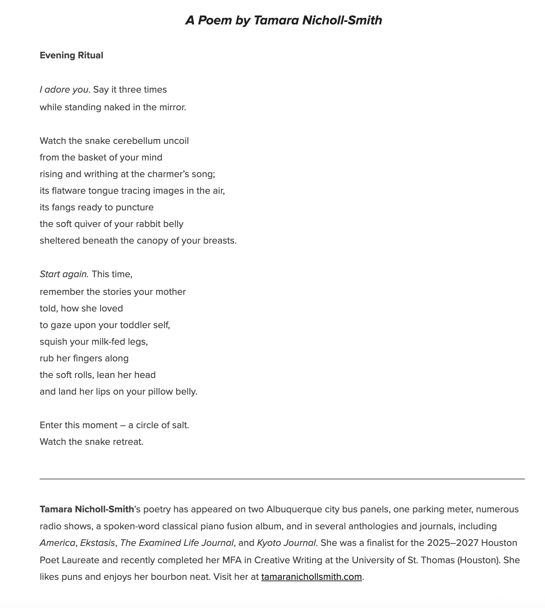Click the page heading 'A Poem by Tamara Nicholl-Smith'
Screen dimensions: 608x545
283,20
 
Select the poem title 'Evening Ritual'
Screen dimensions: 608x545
71,55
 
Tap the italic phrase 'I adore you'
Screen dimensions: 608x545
64,90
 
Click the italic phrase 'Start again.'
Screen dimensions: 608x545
64,274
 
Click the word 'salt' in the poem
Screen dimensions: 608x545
180,425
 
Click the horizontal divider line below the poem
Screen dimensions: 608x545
282,479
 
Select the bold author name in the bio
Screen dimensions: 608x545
87,509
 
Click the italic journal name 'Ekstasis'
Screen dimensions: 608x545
97,543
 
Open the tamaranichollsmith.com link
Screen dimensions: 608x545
311,577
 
